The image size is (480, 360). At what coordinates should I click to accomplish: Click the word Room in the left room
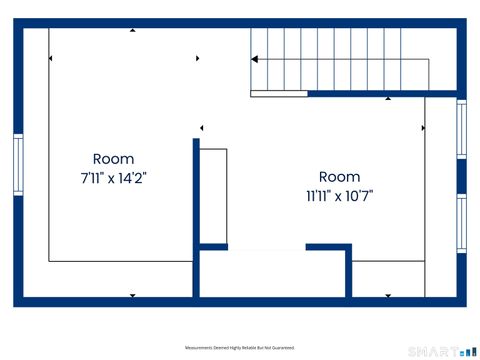pyautogui.click(x=113, y=159)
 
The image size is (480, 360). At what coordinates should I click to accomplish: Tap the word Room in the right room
pyautogui.click(x=339, y=176)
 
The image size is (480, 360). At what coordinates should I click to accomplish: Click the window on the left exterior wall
pyautogui.click(x=18, y=165)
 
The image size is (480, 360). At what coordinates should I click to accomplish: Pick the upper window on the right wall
pyautogui.click(x=461, y=129)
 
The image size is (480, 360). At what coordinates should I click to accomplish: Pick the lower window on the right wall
pyautogui.click(x=461, y=225)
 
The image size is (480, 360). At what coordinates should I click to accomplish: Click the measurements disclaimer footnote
pyautogui.click(x=240, y=348)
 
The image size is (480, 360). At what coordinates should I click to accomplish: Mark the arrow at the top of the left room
pyautogui.click(x=133, y=31)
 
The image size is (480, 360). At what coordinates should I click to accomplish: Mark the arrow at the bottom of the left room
pyautogui.click(x=133, y=295)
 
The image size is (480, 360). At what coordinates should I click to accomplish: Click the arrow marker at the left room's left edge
pyautogui.click(x=50, y=60)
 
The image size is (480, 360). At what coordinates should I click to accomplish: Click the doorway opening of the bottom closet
pyautogui.click(x=266, y=247)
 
